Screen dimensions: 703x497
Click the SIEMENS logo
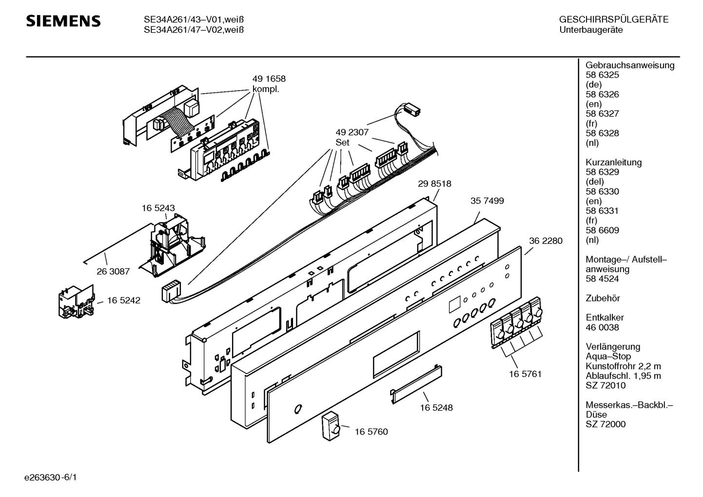[63, 21]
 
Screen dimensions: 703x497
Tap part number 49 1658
[269, 79]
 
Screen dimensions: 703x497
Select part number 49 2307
[352, 132]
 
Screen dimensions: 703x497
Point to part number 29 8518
[434, 184]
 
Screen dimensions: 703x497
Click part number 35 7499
[487, 200]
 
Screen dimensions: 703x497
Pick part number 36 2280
[546, 241]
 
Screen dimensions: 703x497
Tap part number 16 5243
[158, 208]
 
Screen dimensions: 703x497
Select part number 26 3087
[113, 271]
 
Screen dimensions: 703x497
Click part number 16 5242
[124, 300]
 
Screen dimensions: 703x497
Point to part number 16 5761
[526, 374]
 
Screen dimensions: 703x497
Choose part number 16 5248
[436, 408]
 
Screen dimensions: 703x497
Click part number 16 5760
[371, 432]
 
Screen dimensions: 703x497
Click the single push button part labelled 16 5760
[331, 427]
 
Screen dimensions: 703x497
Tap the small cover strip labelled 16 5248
[416, 384]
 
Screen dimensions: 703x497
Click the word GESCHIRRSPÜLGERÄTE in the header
[614, 20]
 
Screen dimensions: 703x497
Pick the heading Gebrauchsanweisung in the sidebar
[630, 65]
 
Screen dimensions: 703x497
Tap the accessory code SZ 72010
[605, 385]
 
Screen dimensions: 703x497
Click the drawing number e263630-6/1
[51, 477]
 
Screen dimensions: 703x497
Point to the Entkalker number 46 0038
[602, 327]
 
